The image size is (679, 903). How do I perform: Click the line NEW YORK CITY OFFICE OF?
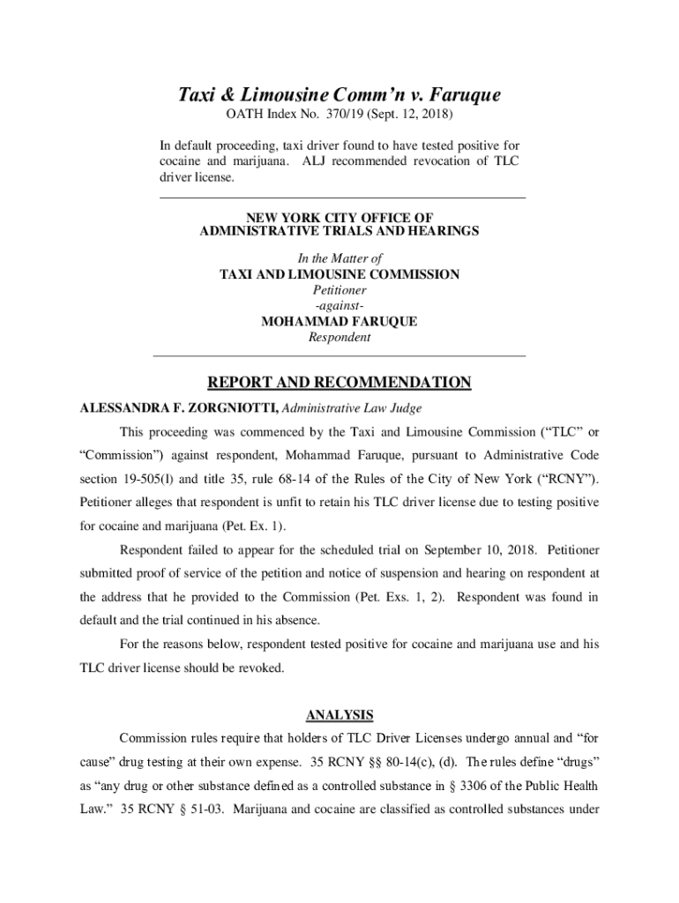coord(339,217)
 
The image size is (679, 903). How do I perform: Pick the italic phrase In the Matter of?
coord(339,259)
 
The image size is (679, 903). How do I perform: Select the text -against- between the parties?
coord(339,305)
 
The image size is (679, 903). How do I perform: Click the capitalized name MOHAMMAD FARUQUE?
coord(339,321)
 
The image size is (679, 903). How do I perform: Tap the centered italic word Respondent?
coord(339,337)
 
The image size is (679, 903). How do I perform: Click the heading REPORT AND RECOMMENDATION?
coord(339,383)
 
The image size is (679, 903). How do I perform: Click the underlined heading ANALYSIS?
coord(339,714)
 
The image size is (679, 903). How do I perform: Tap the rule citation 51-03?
coord(175,809)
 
